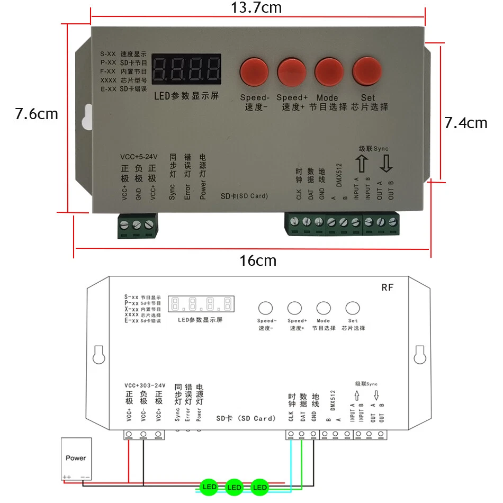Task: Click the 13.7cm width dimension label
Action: pyautogui.click(x=256, y=8)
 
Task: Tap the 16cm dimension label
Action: pyautogui.click(x=258, y=261)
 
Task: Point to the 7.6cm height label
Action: pyautogui.click(x=36, y=114)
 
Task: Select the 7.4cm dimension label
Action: pyautogui.click(x=465, y=123)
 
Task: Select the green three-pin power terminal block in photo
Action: pyautogui.click(x=137, y=226)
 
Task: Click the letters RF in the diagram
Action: pyautogui.click(x=388, y=288)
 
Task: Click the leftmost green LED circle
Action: pyautogui.click(x=209, y=487)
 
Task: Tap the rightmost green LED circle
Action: pyautogui.click(x=259, y=487)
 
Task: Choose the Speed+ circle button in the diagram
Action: pyautogui.click(x=294, y=308)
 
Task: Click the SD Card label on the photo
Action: pyautogui.click(x=244, y=196)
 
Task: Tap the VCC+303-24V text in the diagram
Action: pyautogui.click(x=145, y=385)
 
